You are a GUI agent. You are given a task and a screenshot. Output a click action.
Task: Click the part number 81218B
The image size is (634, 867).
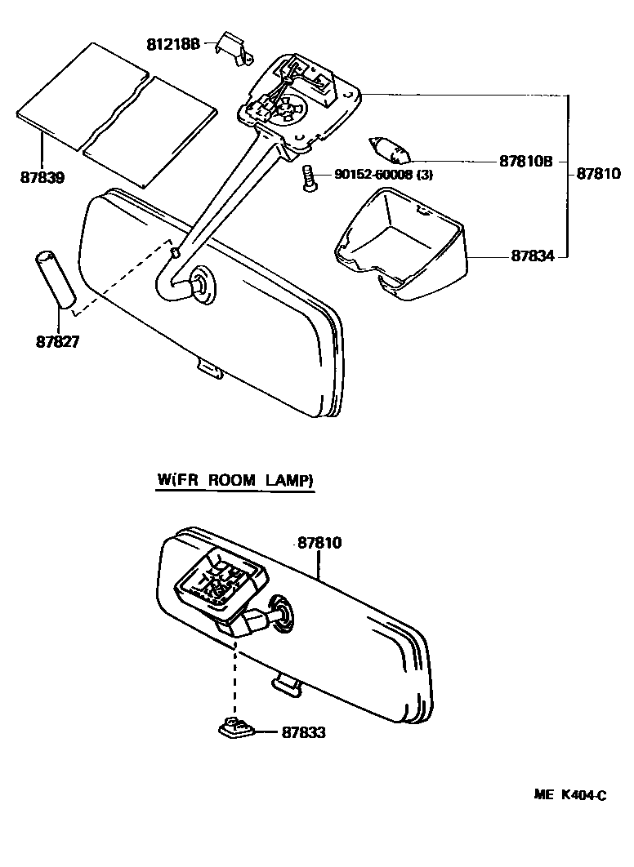click(173, 43)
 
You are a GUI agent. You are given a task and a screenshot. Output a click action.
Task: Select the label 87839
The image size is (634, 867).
click(42, 176)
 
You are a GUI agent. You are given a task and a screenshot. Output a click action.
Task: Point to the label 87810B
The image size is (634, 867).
click(525, 162)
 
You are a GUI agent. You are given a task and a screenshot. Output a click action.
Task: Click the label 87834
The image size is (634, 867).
click(533, 256)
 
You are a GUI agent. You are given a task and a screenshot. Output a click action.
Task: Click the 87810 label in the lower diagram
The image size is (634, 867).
click(319, 542)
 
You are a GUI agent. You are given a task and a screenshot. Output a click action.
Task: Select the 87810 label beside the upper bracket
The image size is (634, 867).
click(599, 174)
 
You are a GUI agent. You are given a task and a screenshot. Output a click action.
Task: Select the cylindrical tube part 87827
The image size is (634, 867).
click(54, 280)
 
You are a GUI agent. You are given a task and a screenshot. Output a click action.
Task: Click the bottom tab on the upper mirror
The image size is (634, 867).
click(209, 369)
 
